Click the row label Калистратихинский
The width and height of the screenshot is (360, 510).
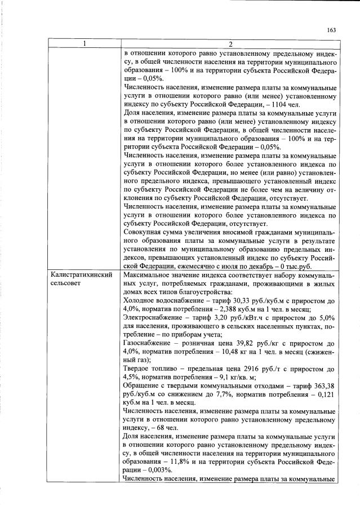coord(82,274)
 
